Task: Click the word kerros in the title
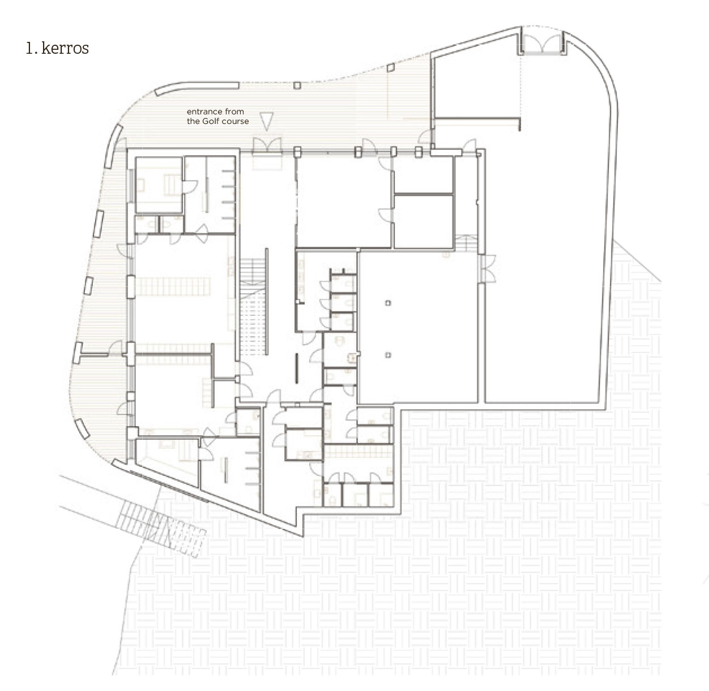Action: click(65, 48)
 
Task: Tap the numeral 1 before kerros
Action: click(29, 48)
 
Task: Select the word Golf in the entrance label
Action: click(210, 121)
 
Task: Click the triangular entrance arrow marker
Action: click(266, 121)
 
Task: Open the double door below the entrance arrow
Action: click(267, 145)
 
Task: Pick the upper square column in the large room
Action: click(388, 303)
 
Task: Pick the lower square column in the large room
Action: click(388, 355)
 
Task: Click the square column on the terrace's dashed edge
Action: click(297, 85)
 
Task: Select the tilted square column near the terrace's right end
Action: click(391, 67)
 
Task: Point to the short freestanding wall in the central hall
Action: click(297, 368)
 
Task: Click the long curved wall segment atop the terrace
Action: click(197, 87)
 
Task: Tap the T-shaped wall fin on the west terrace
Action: click(91, 353)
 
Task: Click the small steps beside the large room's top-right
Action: click(466, 243)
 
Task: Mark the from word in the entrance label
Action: click(234, 111)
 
